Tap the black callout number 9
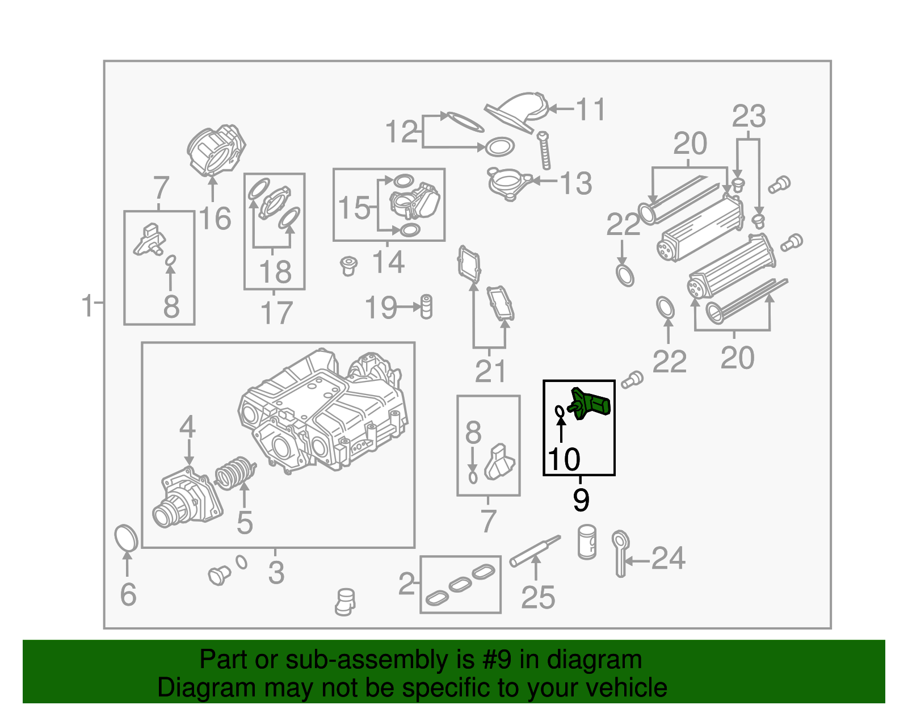581,500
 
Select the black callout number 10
564,459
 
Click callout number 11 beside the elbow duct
590,109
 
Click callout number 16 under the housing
215,218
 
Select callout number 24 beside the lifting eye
668,559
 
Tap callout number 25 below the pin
537,597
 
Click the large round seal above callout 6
126,538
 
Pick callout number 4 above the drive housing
187,427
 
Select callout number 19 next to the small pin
380,307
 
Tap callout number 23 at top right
748,116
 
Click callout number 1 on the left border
87,306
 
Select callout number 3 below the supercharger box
276,572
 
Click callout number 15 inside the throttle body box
354,208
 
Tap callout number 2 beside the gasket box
406,584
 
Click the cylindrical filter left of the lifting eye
587,542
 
